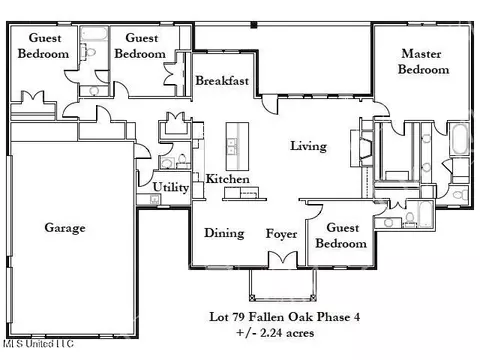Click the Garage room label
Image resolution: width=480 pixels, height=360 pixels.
pos(65,228)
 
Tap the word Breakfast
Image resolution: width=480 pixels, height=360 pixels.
pos(222,81)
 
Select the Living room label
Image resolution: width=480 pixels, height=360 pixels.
pos(308,146)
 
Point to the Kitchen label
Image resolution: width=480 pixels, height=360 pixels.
pos(228,179)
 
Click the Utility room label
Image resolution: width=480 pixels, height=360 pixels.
pos(171,187)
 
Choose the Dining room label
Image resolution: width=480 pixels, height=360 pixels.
pos(224,233)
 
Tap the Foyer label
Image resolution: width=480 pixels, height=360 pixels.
pos(281,234)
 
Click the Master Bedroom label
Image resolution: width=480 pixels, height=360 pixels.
pos(423,61)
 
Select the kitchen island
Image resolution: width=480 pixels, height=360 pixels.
pos(237,147)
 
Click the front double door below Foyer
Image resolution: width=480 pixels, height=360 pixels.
pos(283,259)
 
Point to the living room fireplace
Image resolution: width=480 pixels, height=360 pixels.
pos(361,148)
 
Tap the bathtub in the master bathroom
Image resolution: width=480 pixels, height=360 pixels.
pos(459,139)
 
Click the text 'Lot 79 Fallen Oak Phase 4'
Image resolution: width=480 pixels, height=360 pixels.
pos(284,317)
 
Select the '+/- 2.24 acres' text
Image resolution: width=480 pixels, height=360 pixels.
pos(275,333)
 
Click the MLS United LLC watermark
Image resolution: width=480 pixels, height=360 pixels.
pos(38,344)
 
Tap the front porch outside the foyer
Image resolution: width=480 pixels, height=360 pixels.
pos(283,284)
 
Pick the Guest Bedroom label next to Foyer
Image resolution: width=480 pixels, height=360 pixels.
pos(341,235)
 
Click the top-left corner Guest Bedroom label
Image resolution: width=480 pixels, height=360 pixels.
pos(44,46)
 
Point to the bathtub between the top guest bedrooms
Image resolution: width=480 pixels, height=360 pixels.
pos(94,34)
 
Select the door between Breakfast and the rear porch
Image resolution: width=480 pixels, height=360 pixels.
pos(269,104)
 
